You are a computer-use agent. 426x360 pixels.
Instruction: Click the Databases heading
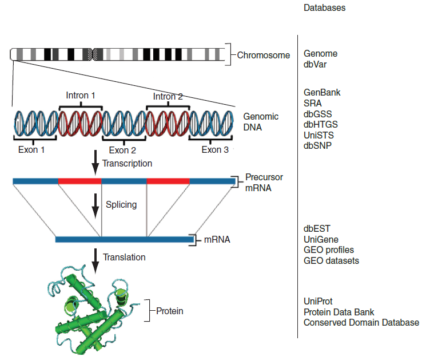pos(324,8)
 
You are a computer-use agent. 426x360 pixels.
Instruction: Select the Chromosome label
pos(264,56)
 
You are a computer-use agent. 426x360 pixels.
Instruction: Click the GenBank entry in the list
pos(323,92)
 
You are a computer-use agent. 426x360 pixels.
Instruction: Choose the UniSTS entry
pos(318,135)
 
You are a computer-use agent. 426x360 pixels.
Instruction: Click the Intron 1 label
pos(81,94)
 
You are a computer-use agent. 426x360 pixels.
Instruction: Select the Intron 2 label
pos(168,96)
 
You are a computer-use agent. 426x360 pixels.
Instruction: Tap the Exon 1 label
pos(31,150)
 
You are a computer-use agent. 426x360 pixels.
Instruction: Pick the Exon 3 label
pos(215,150)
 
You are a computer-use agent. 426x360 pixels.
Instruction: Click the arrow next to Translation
pos(95,257)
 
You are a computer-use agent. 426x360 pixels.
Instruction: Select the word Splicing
pos(121,204)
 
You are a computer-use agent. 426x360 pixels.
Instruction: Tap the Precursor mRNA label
pos(264,182)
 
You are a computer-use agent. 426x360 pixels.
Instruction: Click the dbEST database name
pos(317,228)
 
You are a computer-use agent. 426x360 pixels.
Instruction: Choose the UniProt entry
pos(318,301)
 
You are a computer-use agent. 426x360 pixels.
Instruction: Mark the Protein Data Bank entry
pos(339,312)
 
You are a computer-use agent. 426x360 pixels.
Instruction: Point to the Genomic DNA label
pos(261,121)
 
